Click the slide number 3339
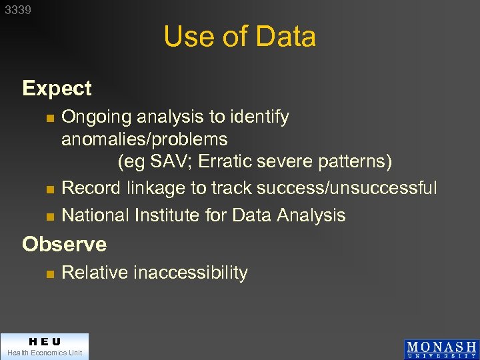pyautogui.click(x=17, y=10)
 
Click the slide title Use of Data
pyautogui.click(x=239, y=37)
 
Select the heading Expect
pyautogui.click(x=57, y=88)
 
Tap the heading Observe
pyautogui.click(x=64, y=244)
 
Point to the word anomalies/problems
pyautogui.click(x=144, y=139)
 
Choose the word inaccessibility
pyautogui.click(x=191, y=273)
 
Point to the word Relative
pyautogui.click(x=95, y=273)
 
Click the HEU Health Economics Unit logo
pyautogui.click(x=44, y=346)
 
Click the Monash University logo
pyautogui.click(x=441, y=349)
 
